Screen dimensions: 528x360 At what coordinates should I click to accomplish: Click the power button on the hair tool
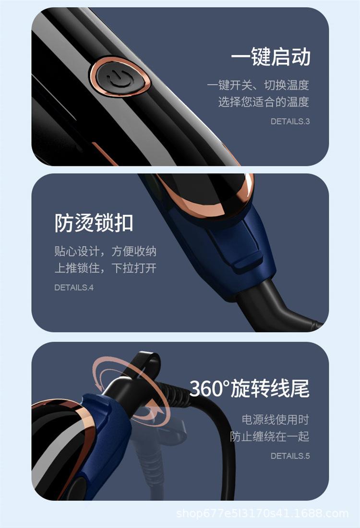(118, 77)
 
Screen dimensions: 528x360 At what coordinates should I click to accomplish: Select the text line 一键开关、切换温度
(258, 85)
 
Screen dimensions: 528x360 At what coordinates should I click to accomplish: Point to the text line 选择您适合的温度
(264, 102)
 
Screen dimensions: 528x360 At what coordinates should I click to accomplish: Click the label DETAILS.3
(290, 121)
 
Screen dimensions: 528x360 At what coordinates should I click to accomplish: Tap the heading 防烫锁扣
(94, 223)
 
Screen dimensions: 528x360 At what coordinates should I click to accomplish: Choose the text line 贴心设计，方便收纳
(105, 251)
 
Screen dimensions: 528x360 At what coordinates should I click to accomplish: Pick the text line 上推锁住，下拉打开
(105, 268)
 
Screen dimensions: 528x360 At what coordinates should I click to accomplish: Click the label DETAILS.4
(73, 288)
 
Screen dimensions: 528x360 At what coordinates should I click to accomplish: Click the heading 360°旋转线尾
(249, 388)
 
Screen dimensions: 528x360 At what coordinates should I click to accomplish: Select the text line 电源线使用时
(275, 420)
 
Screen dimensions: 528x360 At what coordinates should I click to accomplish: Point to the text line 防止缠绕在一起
(269, 436)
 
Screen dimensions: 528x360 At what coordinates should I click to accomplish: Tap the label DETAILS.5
(290, 456)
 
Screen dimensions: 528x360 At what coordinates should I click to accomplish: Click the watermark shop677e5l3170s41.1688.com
(262, 514)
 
